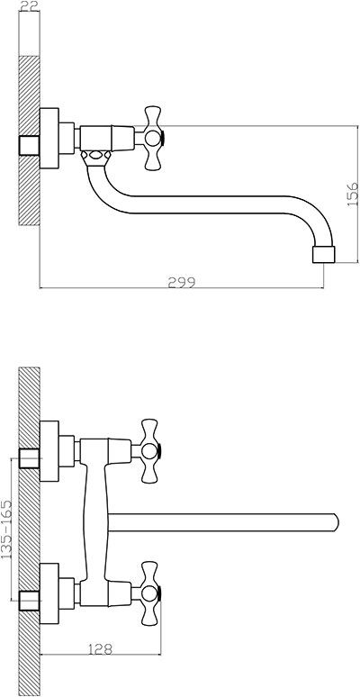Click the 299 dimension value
point(181,282)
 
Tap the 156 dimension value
point(352,194)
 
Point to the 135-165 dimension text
point(6,529)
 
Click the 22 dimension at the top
point(30,5)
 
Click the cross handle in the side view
point(153,139)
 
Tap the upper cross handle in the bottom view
point(149,451)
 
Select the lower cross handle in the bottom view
point(149,593)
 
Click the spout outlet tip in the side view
point(323,253)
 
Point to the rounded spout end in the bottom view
point(336,522)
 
